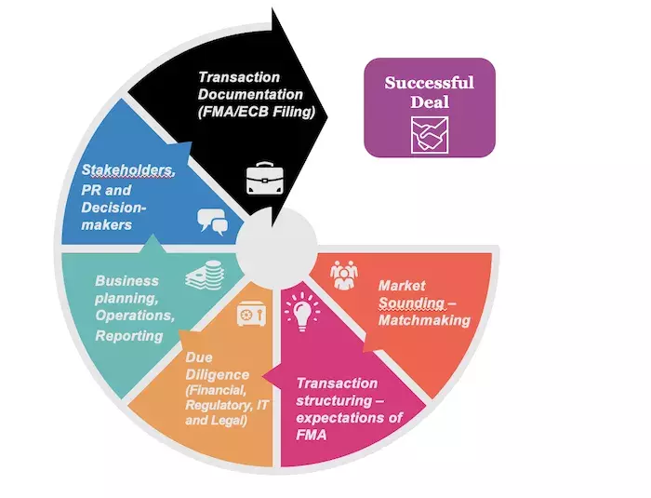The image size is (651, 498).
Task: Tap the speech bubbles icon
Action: pos(212,221)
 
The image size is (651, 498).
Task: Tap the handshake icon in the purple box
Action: pos(429,136)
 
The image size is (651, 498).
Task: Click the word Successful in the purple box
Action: pos(429,82)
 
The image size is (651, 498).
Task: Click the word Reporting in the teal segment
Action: pos(129,335)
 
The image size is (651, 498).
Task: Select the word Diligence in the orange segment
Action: pos(211,374)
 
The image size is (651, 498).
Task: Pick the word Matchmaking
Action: pos(423,320)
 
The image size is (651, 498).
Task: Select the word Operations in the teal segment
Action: pos(134,316)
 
